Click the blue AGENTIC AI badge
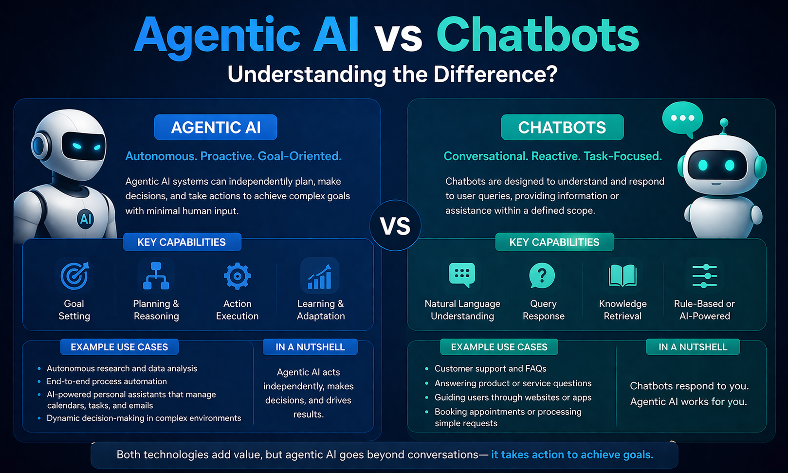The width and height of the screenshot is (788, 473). pyautogui.click(x=215, y=127)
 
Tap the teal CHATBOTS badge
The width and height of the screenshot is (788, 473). pyautogui.click(x=562, y=127)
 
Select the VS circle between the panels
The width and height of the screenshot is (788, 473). pyautogui.click(x=395, y=226)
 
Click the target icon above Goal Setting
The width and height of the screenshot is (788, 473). pyautogui.click(x=74, y=276)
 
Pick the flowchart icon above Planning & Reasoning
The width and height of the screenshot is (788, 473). pyautogui.click(x=156, y=276)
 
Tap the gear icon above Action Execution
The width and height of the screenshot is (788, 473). pyautogui.click(x=238, y=276)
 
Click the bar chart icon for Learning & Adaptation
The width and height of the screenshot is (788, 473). pyautogui.click(x=320, y=276)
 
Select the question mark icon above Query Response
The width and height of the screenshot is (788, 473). pyautogui.click(x=542, y=276)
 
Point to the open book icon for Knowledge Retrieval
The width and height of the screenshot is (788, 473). pyautogui.click(x=623, y=276)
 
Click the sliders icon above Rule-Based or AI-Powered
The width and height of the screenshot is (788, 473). pyautogui.click(x=704, y=276)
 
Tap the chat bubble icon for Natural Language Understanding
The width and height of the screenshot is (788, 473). pyautogui.click(x=462, y=275)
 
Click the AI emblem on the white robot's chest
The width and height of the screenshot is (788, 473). pyautogui.click(x=86, y=219)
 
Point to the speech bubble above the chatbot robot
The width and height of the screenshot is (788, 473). pyautogui.click(x=682, y=119)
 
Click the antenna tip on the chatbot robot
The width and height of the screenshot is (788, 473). pyautogui.click(x=724, y=123)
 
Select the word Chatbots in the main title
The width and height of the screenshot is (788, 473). pyautogui.click(x=538, y=35)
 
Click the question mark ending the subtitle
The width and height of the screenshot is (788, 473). pyautogui.click(x=551, y=74)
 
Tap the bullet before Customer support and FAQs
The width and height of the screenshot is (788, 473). pyautogui.click(x=427, y=369)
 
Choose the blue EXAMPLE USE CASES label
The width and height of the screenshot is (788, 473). pyautogui.click(x=119, y=347)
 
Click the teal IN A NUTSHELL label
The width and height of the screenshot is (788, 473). pyautogui.click(x=693, y=347)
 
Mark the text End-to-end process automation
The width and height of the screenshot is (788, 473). pyautogui.click(x=107, y=381)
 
